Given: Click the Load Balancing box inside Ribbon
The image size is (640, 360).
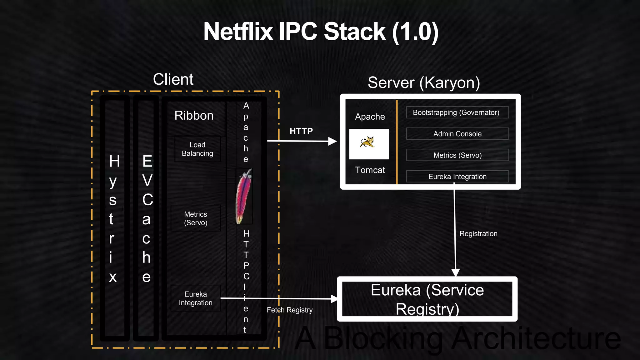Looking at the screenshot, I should (197, 149).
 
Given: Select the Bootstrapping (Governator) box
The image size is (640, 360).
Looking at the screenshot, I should (457, 112).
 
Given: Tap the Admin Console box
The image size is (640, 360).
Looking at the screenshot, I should (457, 134).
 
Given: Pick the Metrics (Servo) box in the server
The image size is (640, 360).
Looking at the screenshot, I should (457, 155).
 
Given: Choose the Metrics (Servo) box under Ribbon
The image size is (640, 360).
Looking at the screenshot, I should (196, 218).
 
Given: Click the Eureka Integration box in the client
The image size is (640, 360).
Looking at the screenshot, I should (196, 298).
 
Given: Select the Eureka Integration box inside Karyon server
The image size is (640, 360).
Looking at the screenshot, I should (457, 176).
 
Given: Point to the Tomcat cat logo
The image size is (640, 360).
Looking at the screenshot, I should (368, 142).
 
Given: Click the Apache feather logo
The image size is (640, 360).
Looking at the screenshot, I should (244, 196).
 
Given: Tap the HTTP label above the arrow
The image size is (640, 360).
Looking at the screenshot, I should (301, 131).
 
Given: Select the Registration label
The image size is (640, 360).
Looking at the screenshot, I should (478, 233).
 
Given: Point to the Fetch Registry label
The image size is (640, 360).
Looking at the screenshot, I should (289, 310).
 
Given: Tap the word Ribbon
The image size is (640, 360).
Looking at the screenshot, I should (194, 116).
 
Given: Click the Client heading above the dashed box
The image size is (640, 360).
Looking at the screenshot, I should (173, 79).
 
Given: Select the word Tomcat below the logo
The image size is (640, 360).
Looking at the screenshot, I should (370, 170).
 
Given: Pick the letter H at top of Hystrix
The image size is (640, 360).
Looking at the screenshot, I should (114, 161).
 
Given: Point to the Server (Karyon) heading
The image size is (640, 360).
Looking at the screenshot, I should (423, 83).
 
